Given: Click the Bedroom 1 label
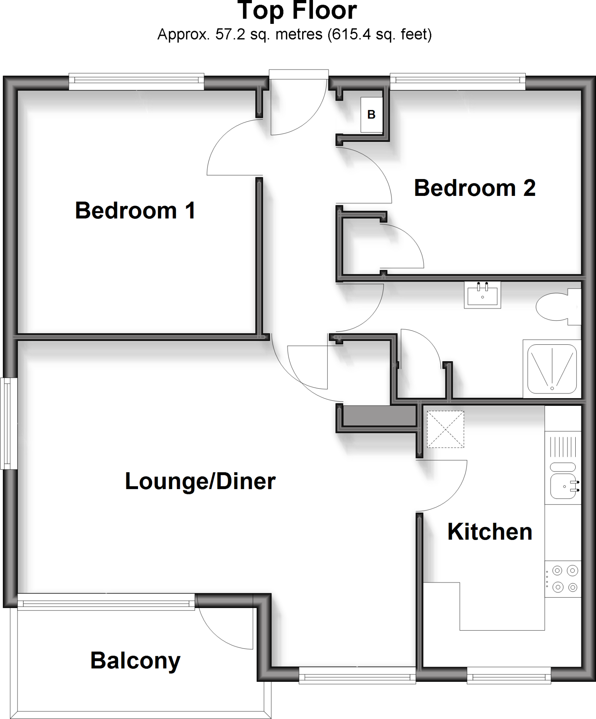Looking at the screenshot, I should (x=135, y=211).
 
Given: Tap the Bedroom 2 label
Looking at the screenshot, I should (x=475, y=188).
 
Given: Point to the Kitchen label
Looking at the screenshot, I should (x=490, y=532).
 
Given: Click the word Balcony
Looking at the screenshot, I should (x=135, y=660).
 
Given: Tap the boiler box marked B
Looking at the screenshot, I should (x=372, y=114).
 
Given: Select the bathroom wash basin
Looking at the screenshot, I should (x=482, y=295).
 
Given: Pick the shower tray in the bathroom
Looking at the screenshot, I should (x=552, y=369).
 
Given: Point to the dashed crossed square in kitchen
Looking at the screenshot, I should (x=445, y=429).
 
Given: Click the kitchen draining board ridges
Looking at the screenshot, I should (x=563, y=447).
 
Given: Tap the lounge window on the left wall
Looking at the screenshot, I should (x=9, y=423).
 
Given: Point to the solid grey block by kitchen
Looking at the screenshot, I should (x=379, y=416).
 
